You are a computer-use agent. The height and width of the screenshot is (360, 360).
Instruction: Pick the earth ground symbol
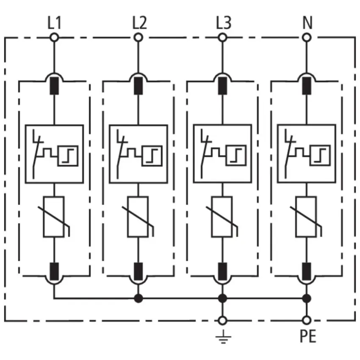click(x=222, y=337)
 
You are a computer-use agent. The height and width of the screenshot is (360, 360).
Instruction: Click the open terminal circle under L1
click(x=54, y=38)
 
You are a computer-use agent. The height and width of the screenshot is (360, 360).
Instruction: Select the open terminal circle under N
click(x=307, y=38)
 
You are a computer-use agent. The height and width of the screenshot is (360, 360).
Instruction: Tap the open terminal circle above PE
click(x=307, y=320)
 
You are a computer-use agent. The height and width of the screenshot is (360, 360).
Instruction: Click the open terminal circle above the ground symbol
click(x=222, y=320)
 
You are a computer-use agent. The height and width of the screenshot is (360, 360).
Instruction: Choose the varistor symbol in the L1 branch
click(x=54, y=216)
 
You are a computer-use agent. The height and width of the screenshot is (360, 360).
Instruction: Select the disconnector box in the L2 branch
click(x=138, y=154)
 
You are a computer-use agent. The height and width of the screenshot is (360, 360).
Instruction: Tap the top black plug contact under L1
click(x=54, y=86)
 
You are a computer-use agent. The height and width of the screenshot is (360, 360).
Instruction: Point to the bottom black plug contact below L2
click(x=138, y=269)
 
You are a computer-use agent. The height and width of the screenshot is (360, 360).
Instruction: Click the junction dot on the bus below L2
click(x=138, y=299)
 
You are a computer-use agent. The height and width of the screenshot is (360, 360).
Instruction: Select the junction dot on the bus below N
click(x=307, y=299)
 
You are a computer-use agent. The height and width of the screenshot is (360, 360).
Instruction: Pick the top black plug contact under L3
click(x=222, y=86)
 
